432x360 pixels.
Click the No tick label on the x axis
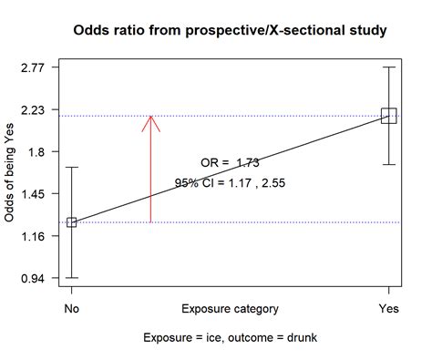tap(71, 309)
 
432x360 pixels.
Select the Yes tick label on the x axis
tap(389, 309)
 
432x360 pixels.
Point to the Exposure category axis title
tap(230, 309)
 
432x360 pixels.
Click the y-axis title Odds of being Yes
tap(10, 173)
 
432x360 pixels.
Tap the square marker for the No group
tap(71, 222)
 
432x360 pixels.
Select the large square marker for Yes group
tap(389, 115)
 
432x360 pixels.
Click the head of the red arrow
tap(151, 118)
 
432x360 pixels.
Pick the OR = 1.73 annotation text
tap(230, 163)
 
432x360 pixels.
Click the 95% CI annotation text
tap(230, 183)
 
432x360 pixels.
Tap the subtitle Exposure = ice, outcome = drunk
tap(230, 338)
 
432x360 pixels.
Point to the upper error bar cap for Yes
tap(389, 67)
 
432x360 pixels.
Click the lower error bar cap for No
tap(71, 278)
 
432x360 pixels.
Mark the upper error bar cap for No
tap(71, 168)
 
